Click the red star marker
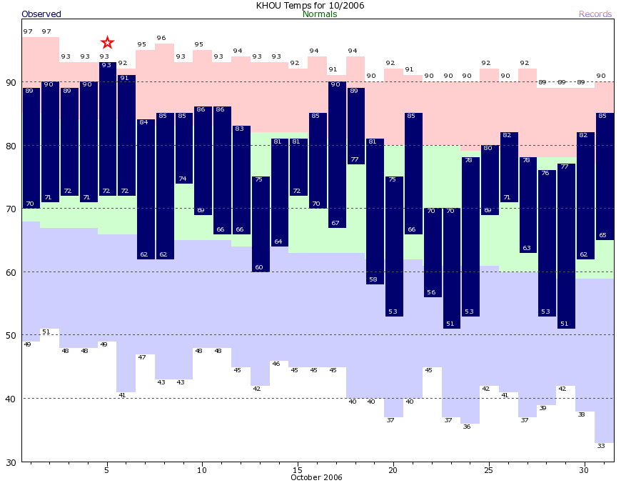coord(107,43)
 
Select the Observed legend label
coord(41,14)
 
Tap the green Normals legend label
coord(320,14)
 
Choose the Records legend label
coord(595,14)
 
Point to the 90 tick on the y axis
coord(11,83)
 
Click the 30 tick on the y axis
coord(11,462)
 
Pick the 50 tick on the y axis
coord(11,335)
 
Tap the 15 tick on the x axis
coord(298,469)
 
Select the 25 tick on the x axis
coord(489,469)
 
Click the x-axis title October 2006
coord(316,477)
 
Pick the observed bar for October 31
coord(605,176)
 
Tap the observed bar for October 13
coord(260,224)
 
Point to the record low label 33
coord(601,446)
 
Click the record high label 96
coord(161,38)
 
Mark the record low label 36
coord(467,427)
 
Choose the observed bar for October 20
coord(394,246)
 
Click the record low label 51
coord(46,332)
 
